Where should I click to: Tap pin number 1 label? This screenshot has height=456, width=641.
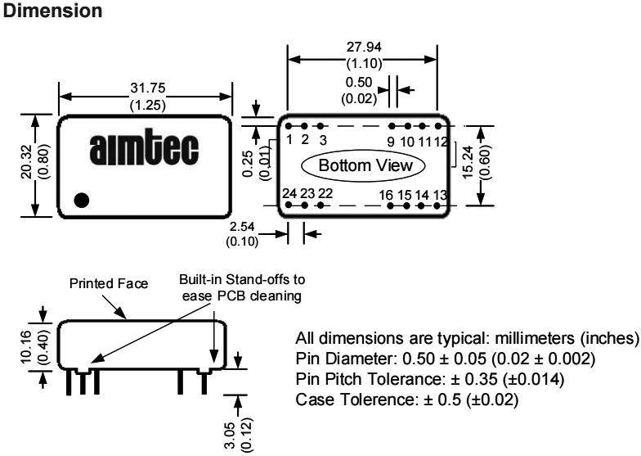tap(289, 139)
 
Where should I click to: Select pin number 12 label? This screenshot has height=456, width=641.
tap(441, 140)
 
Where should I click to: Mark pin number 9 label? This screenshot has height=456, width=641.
tap(391, 140)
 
